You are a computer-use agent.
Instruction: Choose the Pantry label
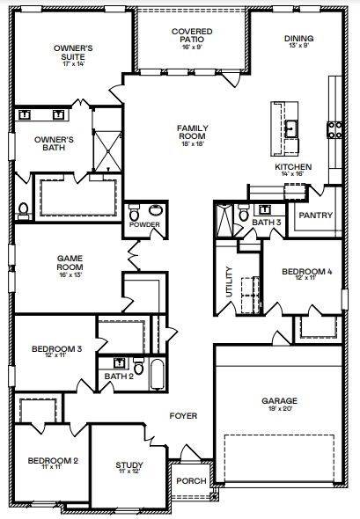pos(314,215)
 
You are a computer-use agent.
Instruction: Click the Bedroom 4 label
pos(306,274)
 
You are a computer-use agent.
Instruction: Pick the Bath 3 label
pos(266,223)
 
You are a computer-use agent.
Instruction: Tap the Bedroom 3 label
pos(56,351)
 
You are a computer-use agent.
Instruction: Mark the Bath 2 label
pos(118,376)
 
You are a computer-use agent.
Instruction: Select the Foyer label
pos(184,415)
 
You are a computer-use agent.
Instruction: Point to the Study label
pos(129,467)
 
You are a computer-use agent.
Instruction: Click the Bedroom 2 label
pos(52,462)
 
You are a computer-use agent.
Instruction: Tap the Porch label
pos(190,481)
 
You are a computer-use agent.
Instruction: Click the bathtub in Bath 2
pos(156,376)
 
